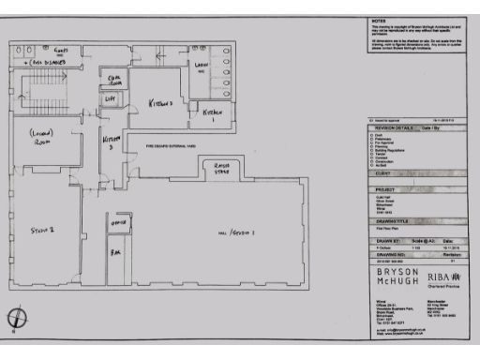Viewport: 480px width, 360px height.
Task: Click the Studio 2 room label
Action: tap(39, 229)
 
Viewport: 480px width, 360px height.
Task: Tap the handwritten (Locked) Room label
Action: tap(41, 139)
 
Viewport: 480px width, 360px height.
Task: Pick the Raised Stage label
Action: tap(220, 169)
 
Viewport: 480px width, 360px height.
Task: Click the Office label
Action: tap(119, 225)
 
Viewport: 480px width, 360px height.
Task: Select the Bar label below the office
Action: tap(117, 253)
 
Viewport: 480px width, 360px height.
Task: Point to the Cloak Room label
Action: tap(113, 78)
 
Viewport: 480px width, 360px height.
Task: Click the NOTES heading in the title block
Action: tap(379, 20)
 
